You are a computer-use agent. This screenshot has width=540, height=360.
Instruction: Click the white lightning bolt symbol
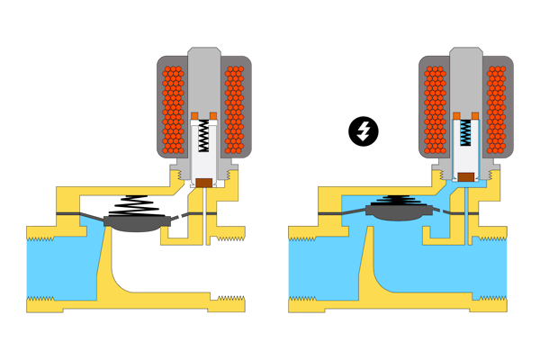pyautogui.click(x=363, y=131)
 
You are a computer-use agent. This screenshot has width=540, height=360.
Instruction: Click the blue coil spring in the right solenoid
pyautogui.click(x=465, y=133)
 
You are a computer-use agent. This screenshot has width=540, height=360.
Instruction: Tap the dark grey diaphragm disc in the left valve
pyautogui.click(x=133, y=222)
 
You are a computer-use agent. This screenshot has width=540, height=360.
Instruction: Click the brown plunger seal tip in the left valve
pyautogui.click(x=204, y=182)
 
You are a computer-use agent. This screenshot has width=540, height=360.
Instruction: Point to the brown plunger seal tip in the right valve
pyautogui.click(x=465, y=176)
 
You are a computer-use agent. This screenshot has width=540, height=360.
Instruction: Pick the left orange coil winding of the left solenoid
pyautogui.click(x=173, y=108)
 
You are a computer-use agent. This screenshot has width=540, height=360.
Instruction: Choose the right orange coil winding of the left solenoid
pyautogui.click(x=234, y=108)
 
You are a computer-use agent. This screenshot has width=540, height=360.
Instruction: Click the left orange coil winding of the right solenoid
pyautogui.click(x=435, y=108)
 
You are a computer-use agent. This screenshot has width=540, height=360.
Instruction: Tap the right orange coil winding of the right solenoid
pyautogui.click(x=496, y=108)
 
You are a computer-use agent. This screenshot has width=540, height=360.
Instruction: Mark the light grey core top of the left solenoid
pyautogui.click(x=204, y=81)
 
